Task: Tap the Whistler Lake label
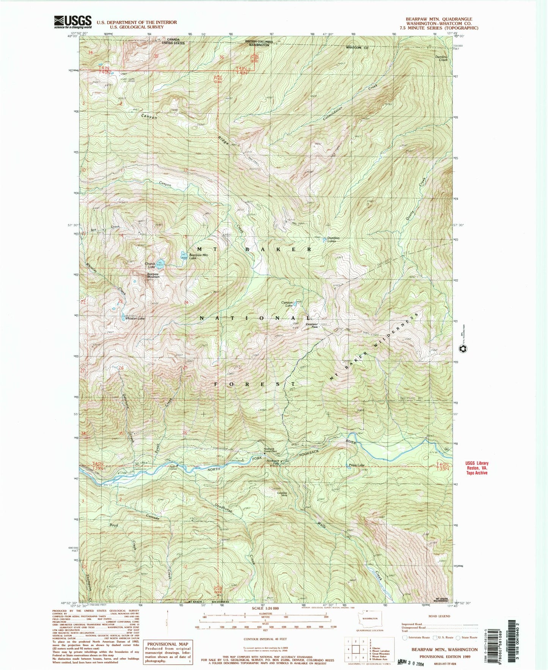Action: (135, 319)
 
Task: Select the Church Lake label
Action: (149, 265)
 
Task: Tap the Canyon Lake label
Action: (287, 303)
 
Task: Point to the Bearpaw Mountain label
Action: (153, 275)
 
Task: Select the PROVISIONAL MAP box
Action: (168, 652)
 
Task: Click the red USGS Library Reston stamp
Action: (477, 468)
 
